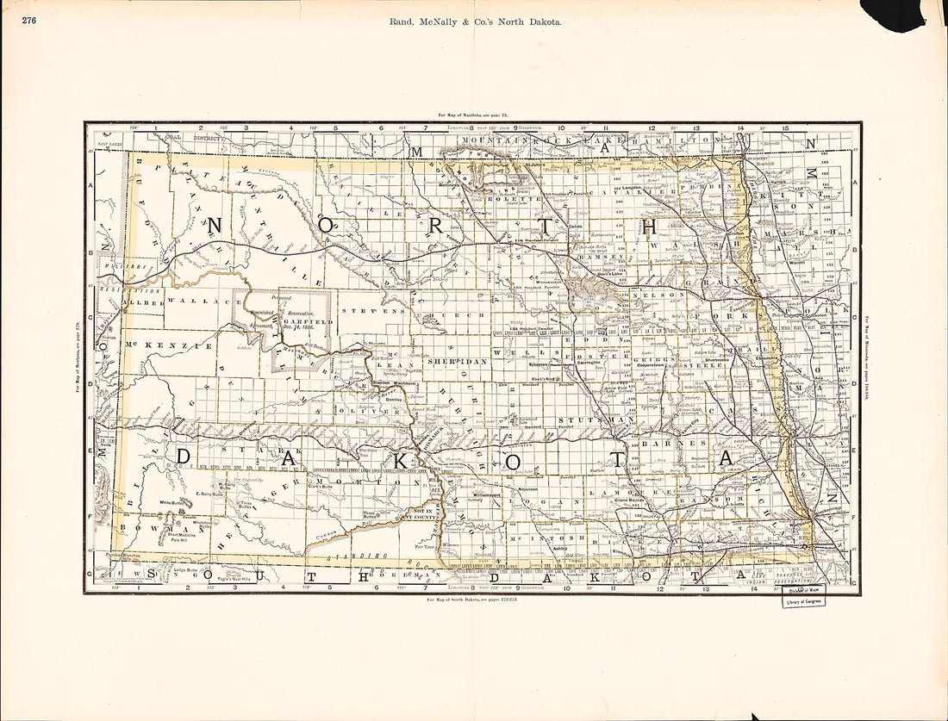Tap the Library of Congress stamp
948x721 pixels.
803,600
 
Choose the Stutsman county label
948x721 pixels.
590,420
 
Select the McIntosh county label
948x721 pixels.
558,538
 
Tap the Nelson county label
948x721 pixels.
658,294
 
